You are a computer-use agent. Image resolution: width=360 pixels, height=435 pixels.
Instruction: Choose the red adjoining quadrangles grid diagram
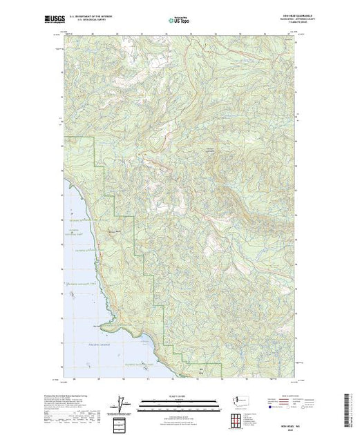click(x=239, y=417)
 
